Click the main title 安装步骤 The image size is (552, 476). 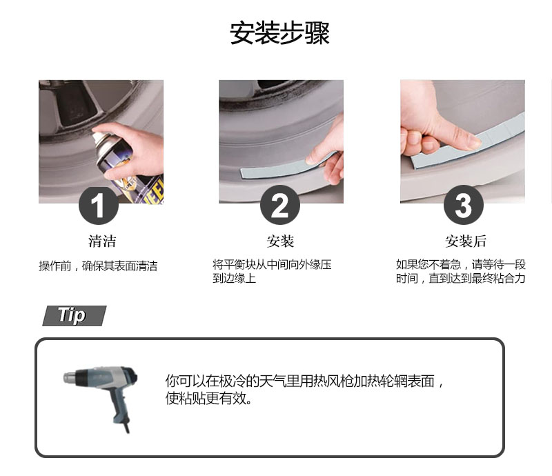pos(279,33)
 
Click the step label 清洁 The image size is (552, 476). pos(102,241)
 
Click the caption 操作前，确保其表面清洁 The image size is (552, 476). pos(98,266)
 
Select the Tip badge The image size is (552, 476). pos(74,316)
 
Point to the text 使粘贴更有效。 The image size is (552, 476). pos(209,399)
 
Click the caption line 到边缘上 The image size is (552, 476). pos(234,279)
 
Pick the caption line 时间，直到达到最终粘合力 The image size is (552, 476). pos(461,279)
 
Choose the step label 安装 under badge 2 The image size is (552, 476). pos(280,241)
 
